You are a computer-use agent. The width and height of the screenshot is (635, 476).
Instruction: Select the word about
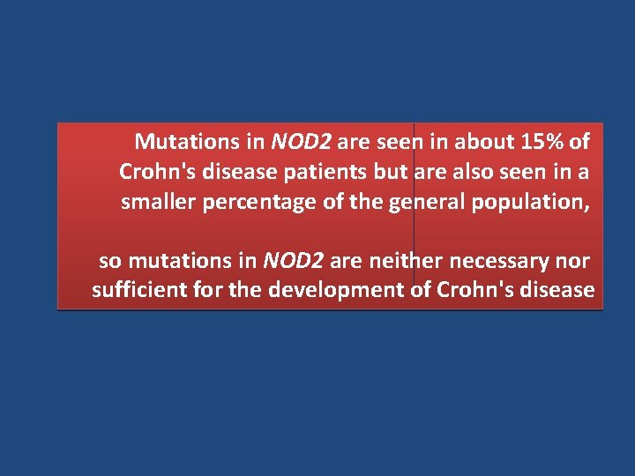tap(488, 141)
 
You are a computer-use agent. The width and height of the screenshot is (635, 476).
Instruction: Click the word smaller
tap(159, 202)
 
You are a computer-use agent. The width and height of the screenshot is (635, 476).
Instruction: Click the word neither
tap(403, 261)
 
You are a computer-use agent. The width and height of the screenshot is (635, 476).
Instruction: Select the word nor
tap(573, 261)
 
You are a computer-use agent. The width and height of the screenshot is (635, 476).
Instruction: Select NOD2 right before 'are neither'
tap(294, 261)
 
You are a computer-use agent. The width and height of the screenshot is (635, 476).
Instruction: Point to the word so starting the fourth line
tap(109, 261)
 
